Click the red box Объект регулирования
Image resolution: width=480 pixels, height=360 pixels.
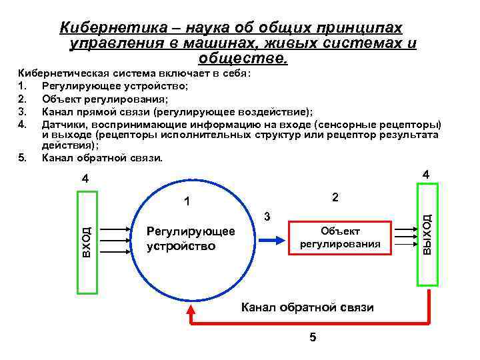coord(340,237)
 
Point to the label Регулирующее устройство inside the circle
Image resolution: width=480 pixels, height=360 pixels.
coord(191,238)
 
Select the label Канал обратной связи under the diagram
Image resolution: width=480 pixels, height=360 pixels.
coord(307,307)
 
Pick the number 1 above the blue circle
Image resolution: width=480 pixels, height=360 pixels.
coord(187,201)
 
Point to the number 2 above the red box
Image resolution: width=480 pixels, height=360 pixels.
coord(335,198)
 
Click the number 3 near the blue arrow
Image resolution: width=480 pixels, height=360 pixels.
coord(267,217)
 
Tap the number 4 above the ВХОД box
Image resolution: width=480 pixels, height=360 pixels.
coord(85,179)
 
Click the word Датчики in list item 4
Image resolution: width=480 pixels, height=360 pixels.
coord(64,124)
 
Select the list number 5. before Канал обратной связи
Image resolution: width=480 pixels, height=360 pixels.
coord(23,157)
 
